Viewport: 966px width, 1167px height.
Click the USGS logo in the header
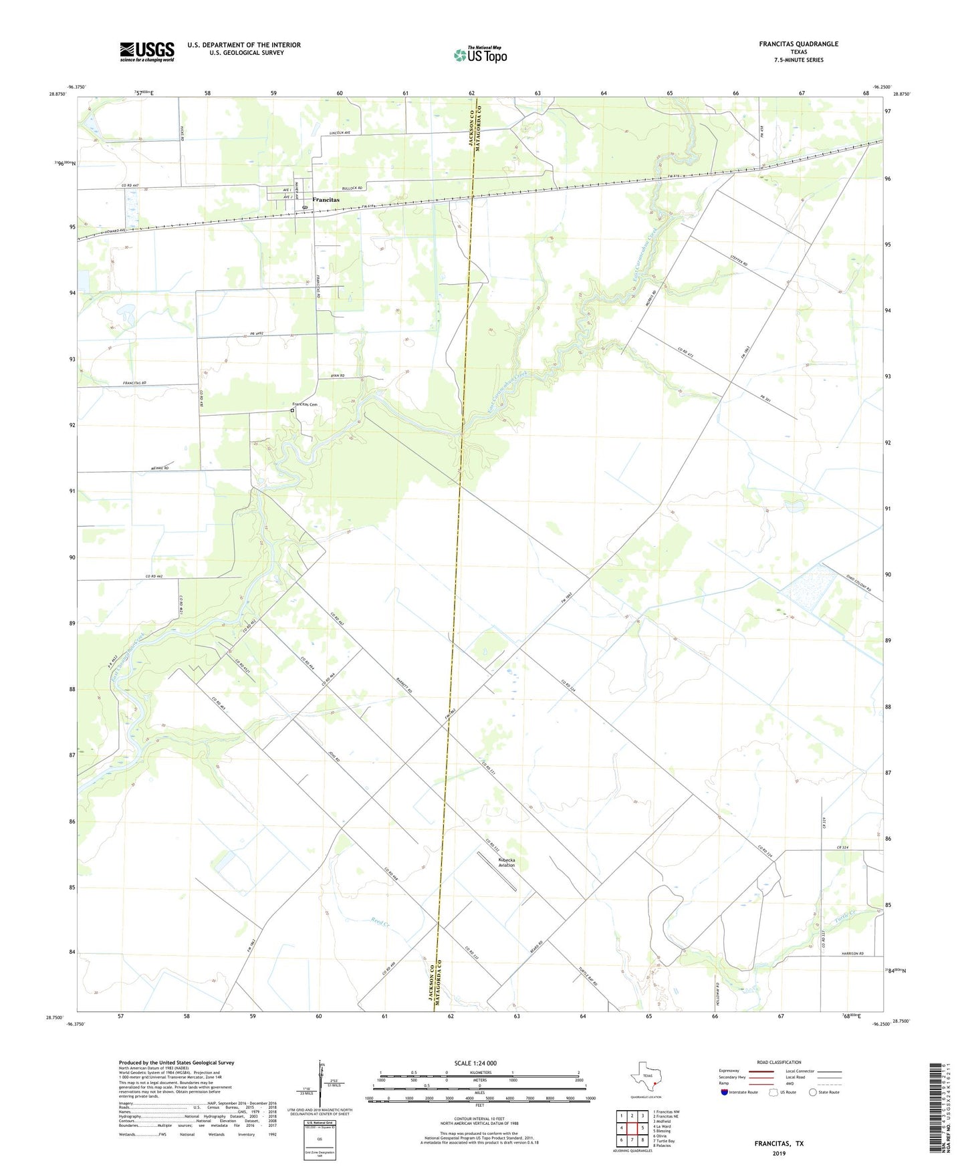pyautogui.click(x=147, y=51)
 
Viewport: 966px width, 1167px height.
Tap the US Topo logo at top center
pyautogui.click(x=480, y=55)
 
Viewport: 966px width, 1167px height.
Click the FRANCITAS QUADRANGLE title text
pyautogui.click(x=798, y=44)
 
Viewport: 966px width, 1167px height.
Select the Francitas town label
pyautogui.click(x=326, y=200)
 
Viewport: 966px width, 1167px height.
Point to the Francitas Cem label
pyautogui.click(x=304, y=404)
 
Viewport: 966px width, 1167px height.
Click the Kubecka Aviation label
pyautogui.click(x=507, y=862)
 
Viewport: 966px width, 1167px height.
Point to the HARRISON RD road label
pyautogui.click(x=852, y=953)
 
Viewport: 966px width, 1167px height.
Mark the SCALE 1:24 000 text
pyautogui.click(x=475, y=1063)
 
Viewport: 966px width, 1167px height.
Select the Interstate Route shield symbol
pyautogui.click(x=725, y=1092)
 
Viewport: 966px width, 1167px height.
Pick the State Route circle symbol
pyautogui.click(x=813, y=1092)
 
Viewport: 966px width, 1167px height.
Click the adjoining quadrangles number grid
pyautogui.click(x=632, y=1128)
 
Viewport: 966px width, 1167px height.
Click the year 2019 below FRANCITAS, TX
pyautogui.click(x=779, y=1153)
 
